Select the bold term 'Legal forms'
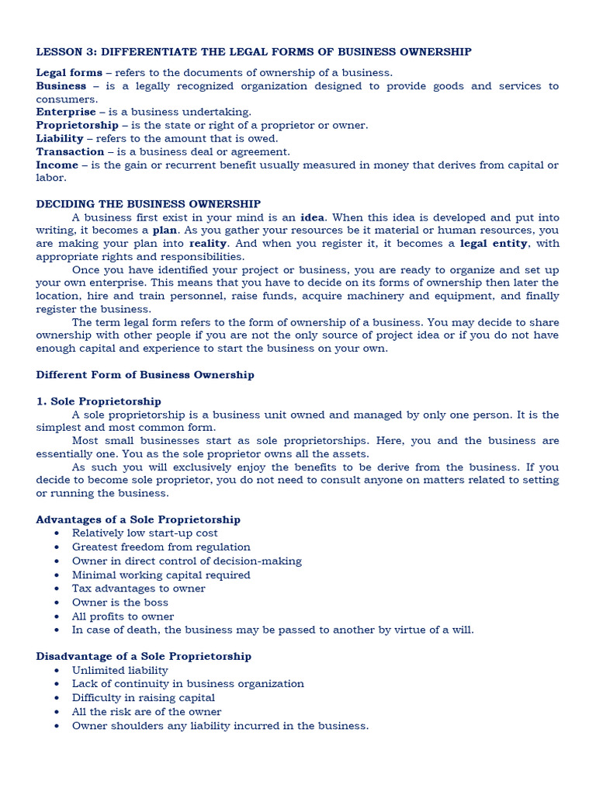(x=69, y=73)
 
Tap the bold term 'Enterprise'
(x=66, y=113)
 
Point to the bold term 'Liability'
(x=60, y=139)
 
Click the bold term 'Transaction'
(x=70, y=152)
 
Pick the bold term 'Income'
(x=57, y=165)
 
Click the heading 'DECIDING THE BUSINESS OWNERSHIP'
(x=148, y=204)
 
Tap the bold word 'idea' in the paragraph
(x=313, y=217)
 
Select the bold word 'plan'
(x=165, y=231)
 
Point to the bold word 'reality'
(x=208, y=244)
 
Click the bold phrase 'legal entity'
(x=494, y=244)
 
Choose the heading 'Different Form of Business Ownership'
(x=145, y=375)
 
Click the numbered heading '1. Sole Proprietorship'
(x=99, y=401)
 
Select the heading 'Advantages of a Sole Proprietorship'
(x=138, y=519)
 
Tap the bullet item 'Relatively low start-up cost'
(x=144, y=533)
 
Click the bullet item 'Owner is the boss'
(x=120, y=602)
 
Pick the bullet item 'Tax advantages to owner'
(x=138, y=588)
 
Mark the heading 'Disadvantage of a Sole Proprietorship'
(x=144, y=656)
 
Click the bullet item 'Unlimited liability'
(x=120, y=670)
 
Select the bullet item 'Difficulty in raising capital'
(x=144, y=698)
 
